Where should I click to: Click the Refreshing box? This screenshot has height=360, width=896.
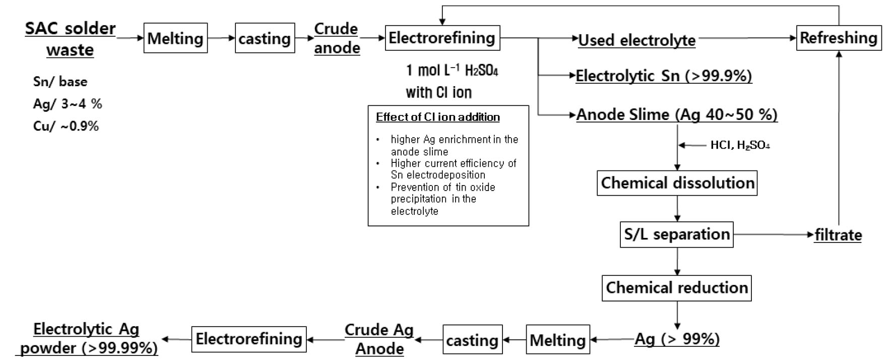pos(839,38)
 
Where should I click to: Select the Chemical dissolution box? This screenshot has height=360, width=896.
pos(678,183)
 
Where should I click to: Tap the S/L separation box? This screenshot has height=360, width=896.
pos(676,234)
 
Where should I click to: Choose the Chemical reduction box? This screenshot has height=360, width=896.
pos(676,288)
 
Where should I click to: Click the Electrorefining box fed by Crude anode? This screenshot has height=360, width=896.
pos(442,38)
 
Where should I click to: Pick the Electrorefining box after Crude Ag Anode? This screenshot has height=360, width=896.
pos(249,339)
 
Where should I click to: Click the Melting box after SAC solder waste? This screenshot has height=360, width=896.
pos(175,38)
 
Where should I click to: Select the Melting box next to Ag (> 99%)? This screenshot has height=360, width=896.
pos(558,340)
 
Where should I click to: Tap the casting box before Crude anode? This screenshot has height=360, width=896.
pos(265,38)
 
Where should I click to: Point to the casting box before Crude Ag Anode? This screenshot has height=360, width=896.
pos(472,340)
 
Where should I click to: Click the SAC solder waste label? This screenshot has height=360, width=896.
pos(70,39)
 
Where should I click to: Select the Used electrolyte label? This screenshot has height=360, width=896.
pos(636,40)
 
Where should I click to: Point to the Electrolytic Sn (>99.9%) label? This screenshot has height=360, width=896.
pos(664,76)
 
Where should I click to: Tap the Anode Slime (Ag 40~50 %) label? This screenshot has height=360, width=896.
pos(677,115)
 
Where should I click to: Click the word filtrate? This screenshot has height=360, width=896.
pos(838,235)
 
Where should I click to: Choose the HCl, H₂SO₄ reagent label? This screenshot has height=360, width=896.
pos(740,145)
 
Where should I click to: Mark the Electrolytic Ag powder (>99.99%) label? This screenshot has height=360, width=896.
pos(87,339)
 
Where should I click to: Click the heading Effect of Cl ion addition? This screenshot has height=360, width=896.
pos(437,117)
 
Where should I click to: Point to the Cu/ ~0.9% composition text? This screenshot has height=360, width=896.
pos(66,126)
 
